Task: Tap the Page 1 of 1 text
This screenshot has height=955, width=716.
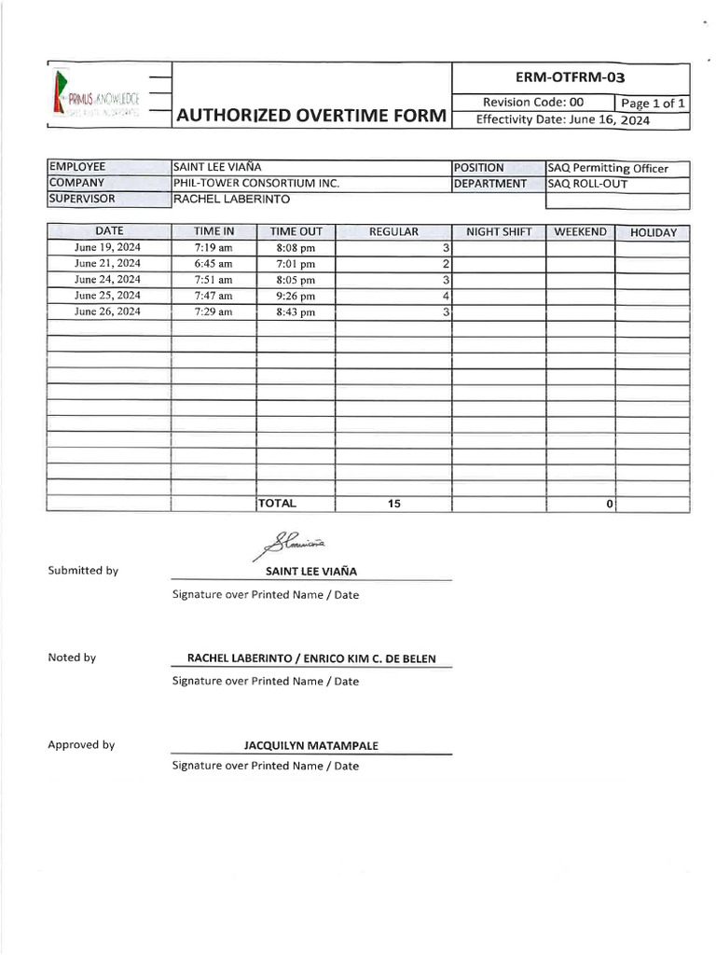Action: [x=653, y=103]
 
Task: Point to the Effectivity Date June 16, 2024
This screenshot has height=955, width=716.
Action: [x=563, y=120]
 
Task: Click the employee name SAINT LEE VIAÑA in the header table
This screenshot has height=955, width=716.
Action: [x=224, y=168]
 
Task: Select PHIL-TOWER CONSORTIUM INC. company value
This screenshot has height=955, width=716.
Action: [x=256, y=184]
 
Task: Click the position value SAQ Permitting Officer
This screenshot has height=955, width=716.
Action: [x=608, y=169]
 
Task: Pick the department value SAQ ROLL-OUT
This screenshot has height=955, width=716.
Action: [x=587, y=184]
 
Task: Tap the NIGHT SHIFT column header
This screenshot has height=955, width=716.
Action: [x=498, y=232]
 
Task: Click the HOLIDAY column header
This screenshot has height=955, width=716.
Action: [x=653, y=232]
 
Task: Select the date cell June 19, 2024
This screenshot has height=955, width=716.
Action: [x=108, y=248]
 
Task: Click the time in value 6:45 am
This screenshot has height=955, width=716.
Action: [x=213, y=264]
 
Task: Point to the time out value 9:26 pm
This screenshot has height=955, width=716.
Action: [x=296, y=296]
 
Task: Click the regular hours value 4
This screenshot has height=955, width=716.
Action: [x=447, y=296]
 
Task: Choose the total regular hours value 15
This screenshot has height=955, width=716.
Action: [x=393, y=504]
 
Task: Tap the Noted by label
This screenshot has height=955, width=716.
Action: [x=72, y=657]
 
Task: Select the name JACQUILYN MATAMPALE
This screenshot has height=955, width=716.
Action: [x=311, y=746]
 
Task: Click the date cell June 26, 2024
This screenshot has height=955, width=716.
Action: [x=108, y=311]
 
